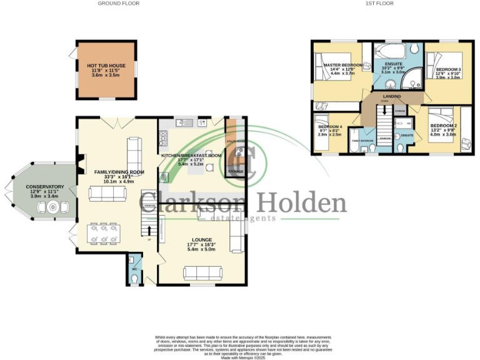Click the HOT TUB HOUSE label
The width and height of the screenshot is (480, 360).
(x=101, y=65)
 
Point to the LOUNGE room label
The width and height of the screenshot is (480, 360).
(x=201, y=240)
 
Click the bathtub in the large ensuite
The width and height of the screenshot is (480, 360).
(x=390, y=49)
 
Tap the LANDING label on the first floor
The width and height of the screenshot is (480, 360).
(x=392, y=96)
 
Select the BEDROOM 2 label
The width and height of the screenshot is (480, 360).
(x=445, y=126)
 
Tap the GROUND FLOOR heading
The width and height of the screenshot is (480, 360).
(x=118, y=4)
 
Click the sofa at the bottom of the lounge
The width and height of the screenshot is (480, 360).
(x=202, y=273)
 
